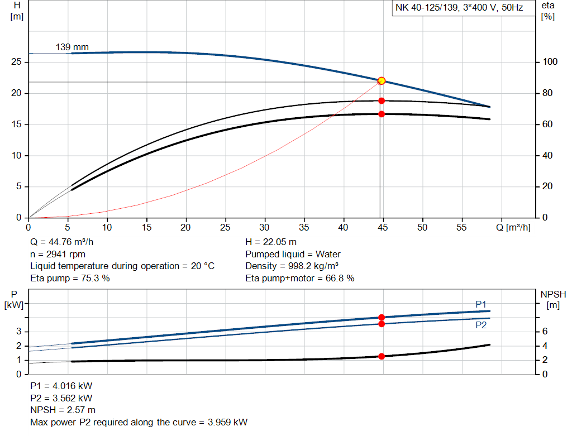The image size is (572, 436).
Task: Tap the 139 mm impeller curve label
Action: coord(72,47)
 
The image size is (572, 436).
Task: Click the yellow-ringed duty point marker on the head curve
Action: coord(382,81)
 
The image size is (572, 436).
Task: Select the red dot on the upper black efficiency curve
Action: coord(382,101)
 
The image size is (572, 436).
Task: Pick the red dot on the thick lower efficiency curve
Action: coord(382,114)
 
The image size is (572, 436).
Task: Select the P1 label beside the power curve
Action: coord(481,304)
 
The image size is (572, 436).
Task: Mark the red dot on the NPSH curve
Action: coord(382,356)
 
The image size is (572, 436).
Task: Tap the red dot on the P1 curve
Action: coord(382,317)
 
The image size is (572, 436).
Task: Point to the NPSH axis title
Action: coord(553,294)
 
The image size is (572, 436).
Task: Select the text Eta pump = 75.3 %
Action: coord(70,277)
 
